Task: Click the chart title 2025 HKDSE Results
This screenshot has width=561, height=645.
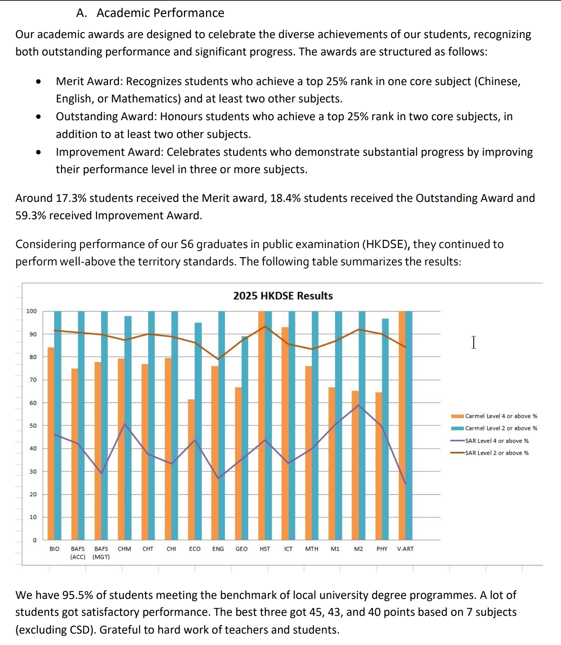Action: [283, 296]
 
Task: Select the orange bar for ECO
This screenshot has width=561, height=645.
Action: [192, 470]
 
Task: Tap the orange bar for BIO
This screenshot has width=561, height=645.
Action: [51, 444]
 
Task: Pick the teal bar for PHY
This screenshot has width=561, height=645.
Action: [385, 430]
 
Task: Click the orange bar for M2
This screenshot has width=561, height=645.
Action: [355, 466]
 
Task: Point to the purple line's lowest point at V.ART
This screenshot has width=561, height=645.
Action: [405, 484]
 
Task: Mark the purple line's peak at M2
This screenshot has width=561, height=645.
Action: [358, 405]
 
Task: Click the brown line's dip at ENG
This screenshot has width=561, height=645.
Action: [218, 359]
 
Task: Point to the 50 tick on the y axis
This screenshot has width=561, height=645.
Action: [33, 426]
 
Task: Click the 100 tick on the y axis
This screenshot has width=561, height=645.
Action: [32, 311]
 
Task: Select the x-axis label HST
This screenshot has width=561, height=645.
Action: [265, 549]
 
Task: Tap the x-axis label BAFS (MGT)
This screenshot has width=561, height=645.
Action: [101, 553]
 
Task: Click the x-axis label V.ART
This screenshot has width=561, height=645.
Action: [405, 549]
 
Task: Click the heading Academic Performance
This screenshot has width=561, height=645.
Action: [160, 13]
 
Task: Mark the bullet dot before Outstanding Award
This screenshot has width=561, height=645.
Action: [39, 116]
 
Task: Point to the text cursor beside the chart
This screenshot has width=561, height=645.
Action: [474, 342]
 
